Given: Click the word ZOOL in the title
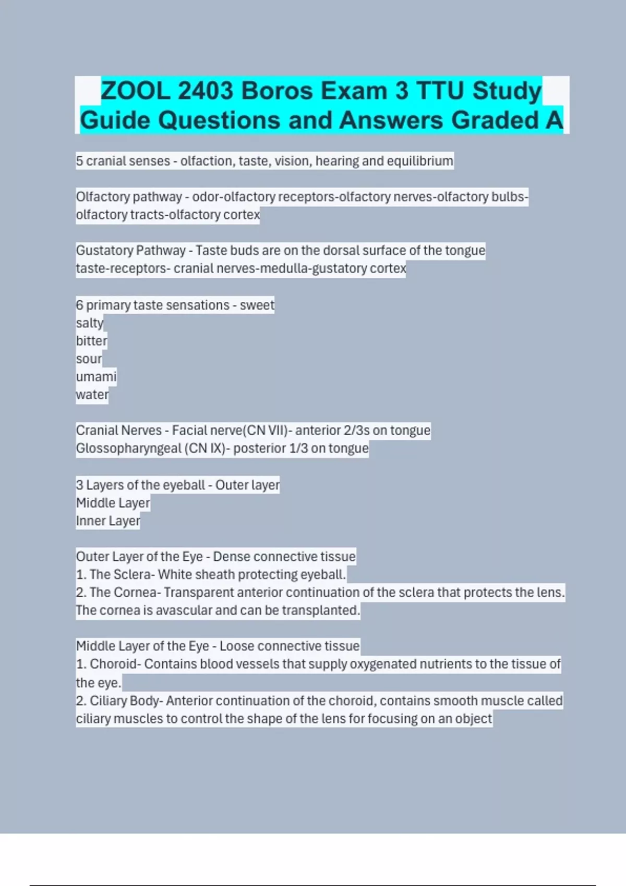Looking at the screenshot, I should (135, 91).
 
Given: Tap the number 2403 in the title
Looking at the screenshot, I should (205, 91).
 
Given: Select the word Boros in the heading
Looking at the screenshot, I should (276, 91).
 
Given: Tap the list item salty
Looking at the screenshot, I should (90, 323).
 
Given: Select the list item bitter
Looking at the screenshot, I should (91, 341).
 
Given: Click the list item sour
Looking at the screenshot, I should (89, 359).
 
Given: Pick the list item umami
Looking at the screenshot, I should (96, 377).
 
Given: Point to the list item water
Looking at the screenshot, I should (92, 395).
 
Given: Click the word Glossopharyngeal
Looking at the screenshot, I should (128, 449).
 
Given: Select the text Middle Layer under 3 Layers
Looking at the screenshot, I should (113, 503).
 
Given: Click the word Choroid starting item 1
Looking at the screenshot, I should (113, 664).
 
